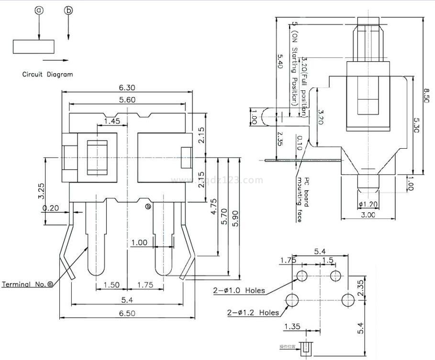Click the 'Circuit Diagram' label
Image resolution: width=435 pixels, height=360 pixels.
point(48,75)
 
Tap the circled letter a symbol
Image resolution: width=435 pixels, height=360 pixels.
point(39,10)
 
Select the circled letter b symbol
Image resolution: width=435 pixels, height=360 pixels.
point(68,10)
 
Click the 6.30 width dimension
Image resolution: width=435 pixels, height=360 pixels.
point(127,87)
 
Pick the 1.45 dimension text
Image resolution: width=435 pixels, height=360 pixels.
point(112,121)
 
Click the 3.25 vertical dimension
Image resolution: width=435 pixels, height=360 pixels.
point(42,191)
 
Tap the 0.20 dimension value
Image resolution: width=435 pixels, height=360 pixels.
point(50,208)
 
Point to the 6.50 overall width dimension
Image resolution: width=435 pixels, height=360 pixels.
point(127,313)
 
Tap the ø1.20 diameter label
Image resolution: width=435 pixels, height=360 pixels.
point(368,205)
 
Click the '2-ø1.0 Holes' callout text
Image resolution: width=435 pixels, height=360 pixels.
point(239,290)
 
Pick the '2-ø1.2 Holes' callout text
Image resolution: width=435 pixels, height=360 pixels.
point(252,313)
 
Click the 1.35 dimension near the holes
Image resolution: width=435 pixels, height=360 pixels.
point(292,327)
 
